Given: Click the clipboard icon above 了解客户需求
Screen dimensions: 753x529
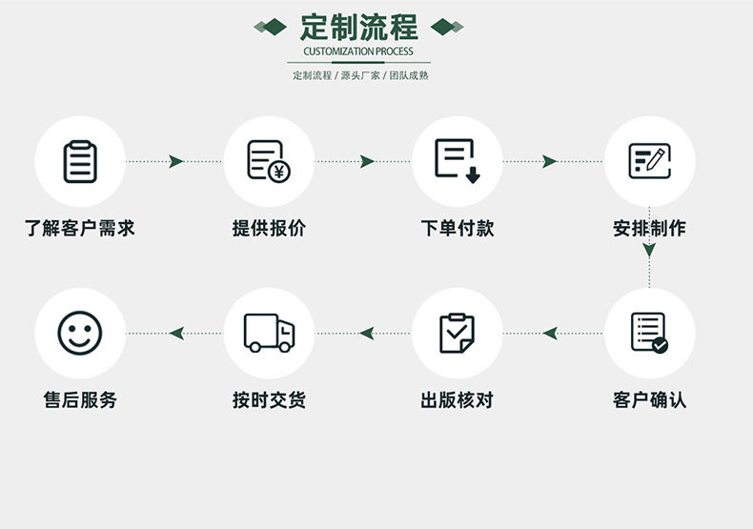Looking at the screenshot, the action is point(80,161).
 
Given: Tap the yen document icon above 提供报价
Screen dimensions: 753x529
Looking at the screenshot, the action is point(269,161).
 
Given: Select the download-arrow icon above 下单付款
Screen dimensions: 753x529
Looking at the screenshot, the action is point(458,161).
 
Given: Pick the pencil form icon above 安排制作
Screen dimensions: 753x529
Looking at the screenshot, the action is point(649,161).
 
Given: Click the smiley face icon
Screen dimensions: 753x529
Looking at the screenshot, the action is point(80,333).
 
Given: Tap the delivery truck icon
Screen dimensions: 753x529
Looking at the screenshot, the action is point(269,333).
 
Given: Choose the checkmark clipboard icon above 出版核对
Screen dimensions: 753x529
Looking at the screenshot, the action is point(458,333).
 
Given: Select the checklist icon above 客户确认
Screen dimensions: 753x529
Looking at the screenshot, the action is point(649,333).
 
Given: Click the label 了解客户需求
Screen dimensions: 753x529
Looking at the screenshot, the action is point(80,229).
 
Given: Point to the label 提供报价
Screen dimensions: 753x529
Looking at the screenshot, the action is point(269,229).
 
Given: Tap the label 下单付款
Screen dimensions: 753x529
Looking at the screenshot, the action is point(458,229).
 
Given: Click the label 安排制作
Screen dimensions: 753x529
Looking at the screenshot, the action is point(649,229).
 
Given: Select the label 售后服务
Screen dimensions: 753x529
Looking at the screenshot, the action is point(80,400).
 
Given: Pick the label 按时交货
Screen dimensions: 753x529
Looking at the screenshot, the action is point(269,400).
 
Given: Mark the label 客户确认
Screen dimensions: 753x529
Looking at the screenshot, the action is point(649,400).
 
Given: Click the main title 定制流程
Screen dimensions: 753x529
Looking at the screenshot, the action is point(358,26).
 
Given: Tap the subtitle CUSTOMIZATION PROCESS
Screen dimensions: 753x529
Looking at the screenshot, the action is point(358,51).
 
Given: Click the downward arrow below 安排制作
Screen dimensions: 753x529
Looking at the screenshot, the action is point(649,252).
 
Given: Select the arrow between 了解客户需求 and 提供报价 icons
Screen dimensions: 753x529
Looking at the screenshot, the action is point(175,161).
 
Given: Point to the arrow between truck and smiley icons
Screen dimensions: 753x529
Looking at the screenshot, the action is point(175,333).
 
